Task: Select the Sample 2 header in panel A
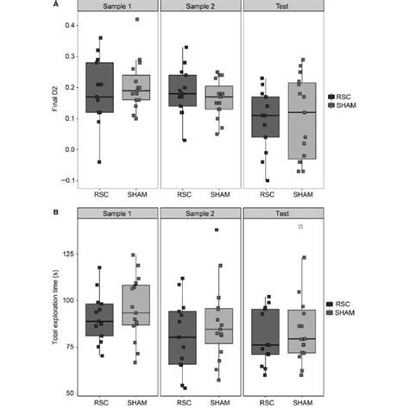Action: pyautogui.click(x=201, y=8)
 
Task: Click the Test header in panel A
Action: pyautogui.click(x=282, y=8)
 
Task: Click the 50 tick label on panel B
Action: pyautogui.click(x=70, y=393)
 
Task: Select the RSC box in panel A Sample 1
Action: pyautogui.click(x=100, y=88)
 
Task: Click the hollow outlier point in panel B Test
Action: pyautogui.click(x=299, y=227)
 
